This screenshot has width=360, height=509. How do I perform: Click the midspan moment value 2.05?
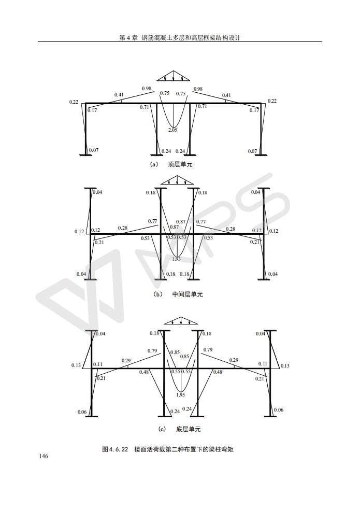coord(172,130)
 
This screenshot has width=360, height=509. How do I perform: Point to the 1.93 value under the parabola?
coord(177,259)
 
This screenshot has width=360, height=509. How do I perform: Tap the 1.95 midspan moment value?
coord(180,395)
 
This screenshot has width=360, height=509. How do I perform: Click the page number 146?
coord(44,456)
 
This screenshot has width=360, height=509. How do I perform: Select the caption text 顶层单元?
coord(180,164)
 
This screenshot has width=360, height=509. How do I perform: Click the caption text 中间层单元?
coord(188,294)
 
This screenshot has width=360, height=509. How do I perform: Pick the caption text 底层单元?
coord(189,429)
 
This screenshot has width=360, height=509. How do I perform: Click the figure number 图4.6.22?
coord(115,449)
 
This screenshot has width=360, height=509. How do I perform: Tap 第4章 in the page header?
coord(128,38)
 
